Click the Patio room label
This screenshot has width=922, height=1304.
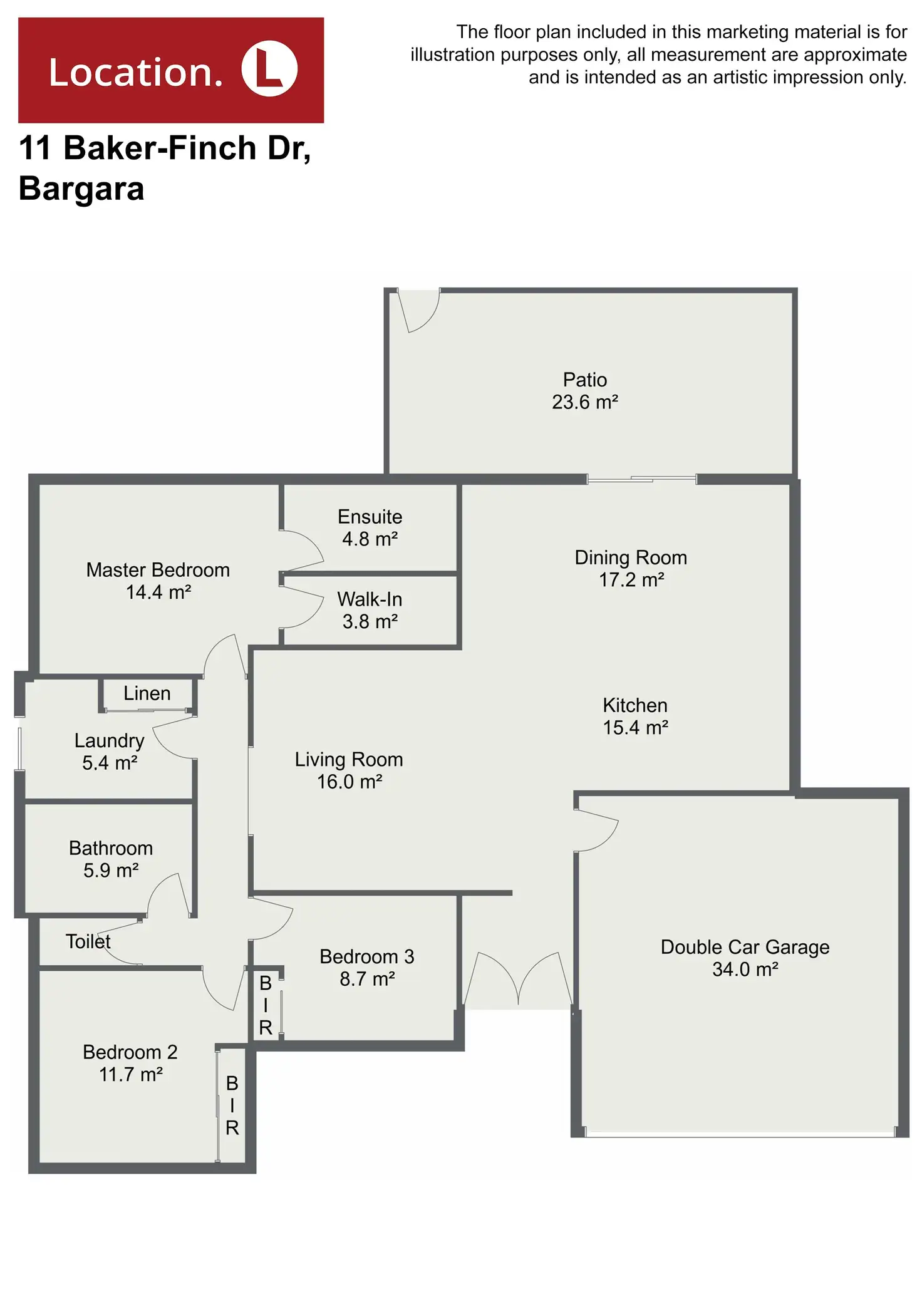[584, 380]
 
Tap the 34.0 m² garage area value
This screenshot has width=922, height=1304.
[745, 969]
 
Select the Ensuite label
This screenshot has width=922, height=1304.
[370, 517]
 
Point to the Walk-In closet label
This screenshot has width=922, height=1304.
[370, 599]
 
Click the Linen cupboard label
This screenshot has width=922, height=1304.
[147, 693]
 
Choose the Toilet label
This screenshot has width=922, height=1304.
[88, 941]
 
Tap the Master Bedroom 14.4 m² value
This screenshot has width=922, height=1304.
[158, 592]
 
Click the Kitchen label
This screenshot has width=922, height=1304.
[635, 705]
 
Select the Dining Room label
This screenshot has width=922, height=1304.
[631, 557]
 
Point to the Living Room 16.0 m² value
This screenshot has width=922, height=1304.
[349, 782]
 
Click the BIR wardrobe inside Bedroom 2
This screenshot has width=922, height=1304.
[232, 1105]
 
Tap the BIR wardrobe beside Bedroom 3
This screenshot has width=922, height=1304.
[266, 1005]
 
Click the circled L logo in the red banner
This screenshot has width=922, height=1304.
[269, 69]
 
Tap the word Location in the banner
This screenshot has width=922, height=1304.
[135, 72]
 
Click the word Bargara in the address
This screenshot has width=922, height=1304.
[81, 188]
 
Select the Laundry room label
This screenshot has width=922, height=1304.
[109, 740]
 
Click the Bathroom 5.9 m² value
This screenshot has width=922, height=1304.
[110, 870]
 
